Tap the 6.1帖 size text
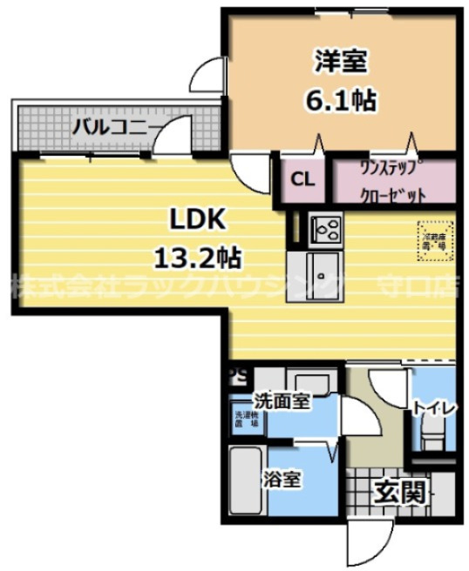click(340, 101)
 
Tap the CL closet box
click(302, 180)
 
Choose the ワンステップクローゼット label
click(392, 181)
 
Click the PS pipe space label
click(238, 376)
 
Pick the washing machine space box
click(244, 420)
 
